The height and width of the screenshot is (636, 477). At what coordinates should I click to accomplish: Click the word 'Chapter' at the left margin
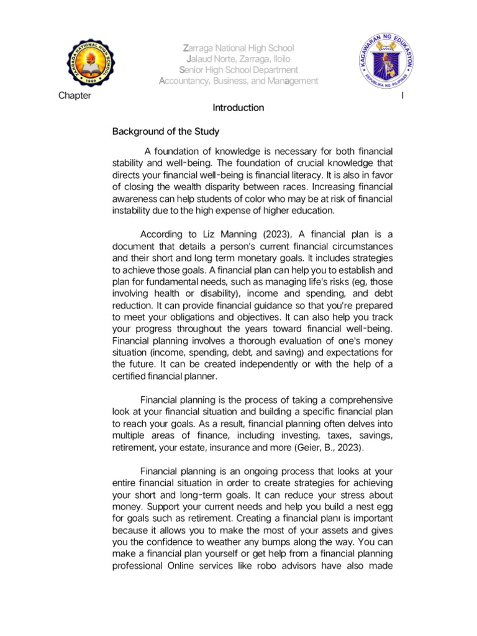pyautogui.click(x=75, y=96)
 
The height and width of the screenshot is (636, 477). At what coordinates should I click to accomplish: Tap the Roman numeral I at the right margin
pyautogui.click(x=403, y=96)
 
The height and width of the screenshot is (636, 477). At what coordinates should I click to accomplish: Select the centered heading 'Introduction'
pyautogui.click(x=238, y=108)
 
